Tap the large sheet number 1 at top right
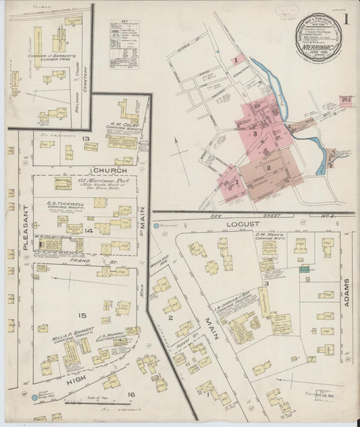(345, 20)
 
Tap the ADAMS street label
(346, 292)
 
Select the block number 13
(86, 139)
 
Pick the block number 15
(83, 316)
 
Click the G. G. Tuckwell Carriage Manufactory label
(65, 203)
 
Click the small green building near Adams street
(305, 270)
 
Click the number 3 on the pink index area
(255, 133)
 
